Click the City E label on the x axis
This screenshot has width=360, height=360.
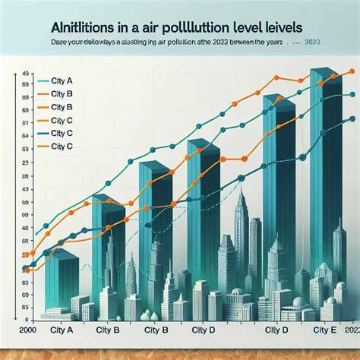tap(327, 330)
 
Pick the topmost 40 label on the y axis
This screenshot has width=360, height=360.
tap(25, 73)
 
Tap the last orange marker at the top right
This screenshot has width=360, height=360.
tap(351, 71)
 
